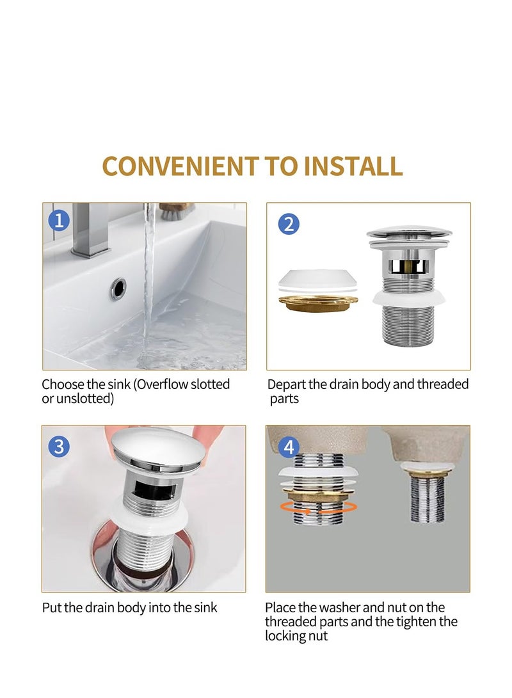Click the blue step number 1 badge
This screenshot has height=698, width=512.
click(x=59, y=221)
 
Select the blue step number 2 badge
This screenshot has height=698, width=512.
click(x=289, y=224)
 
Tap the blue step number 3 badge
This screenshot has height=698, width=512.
click(x=59, y=446)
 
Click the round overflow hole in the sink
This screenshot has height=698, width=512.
click(x=118, y=289)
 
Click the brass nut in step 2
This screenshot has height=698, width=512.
click(x=318, y=303)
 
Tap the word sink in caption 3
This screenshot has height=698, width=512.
click(x=204, y=607)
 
